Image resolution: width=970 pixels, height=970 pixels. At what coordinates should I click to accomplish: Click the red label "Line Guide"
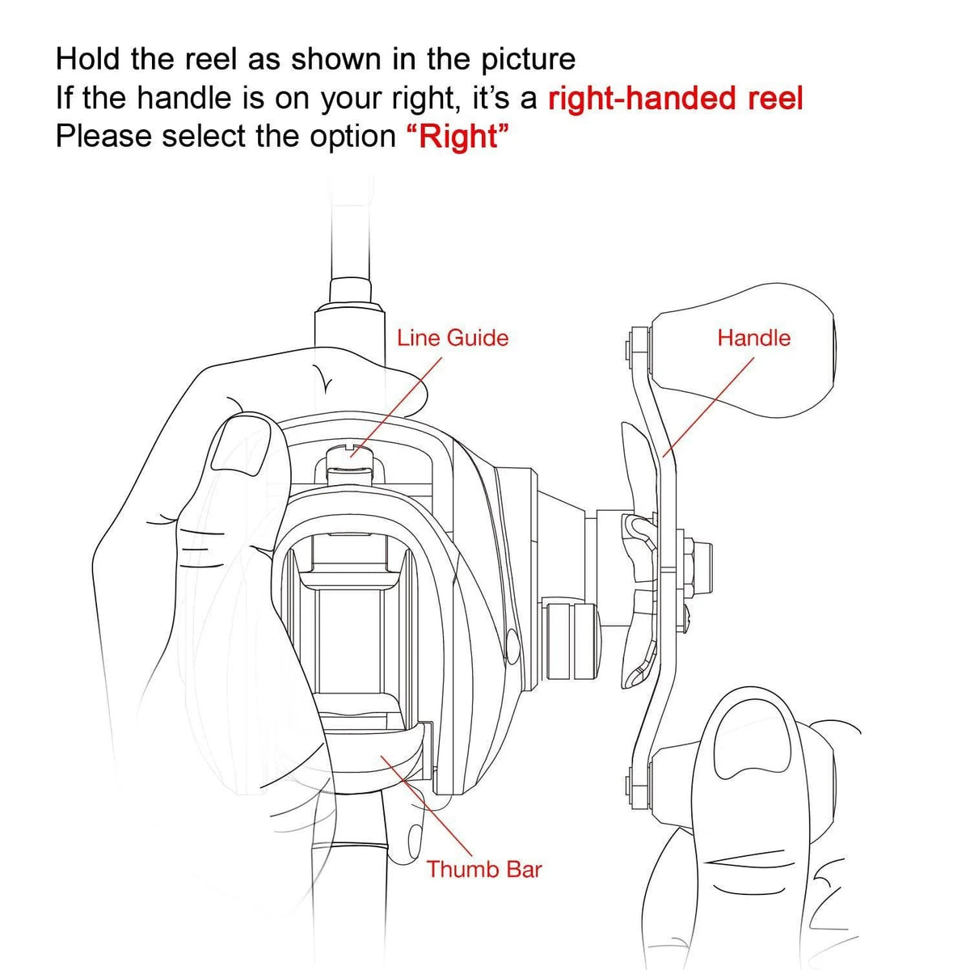click(453, 338)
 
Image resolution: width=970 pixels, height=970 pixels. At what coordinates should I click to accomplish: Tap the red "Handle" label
click(753, 338)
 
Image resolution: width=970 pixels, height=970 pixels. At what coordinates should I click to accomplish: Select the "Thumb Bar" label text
click(484, 869)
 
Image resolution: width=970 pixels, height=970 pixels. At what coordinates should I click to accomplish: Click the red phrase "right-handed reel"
click(675, 98)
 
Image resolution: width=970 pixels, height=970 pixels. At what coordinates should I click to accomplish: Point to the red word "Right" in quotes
click(458, 137)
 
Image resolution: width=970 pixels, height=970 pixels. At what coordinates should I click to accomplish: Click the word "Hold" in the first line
click(87, 59)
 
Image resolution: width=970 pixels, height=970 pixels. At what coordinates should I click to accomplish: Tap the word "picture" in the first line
click(528, 60)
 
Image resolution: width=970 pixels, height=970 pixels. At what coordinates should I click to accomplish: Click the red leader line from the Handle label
click(708, 407)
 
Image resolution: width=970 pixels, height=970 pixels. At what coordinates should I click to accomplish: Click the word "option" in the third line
click(353, 137)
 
